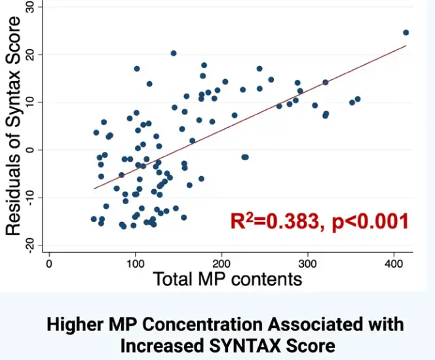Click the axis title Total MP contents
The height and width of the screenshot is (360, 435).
(x=227, y=279)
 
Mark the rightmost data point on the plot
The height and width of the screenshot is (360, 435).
(x=406, y=32)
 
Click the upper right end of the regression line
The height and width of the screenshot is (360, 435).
(x=406, y=46)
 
